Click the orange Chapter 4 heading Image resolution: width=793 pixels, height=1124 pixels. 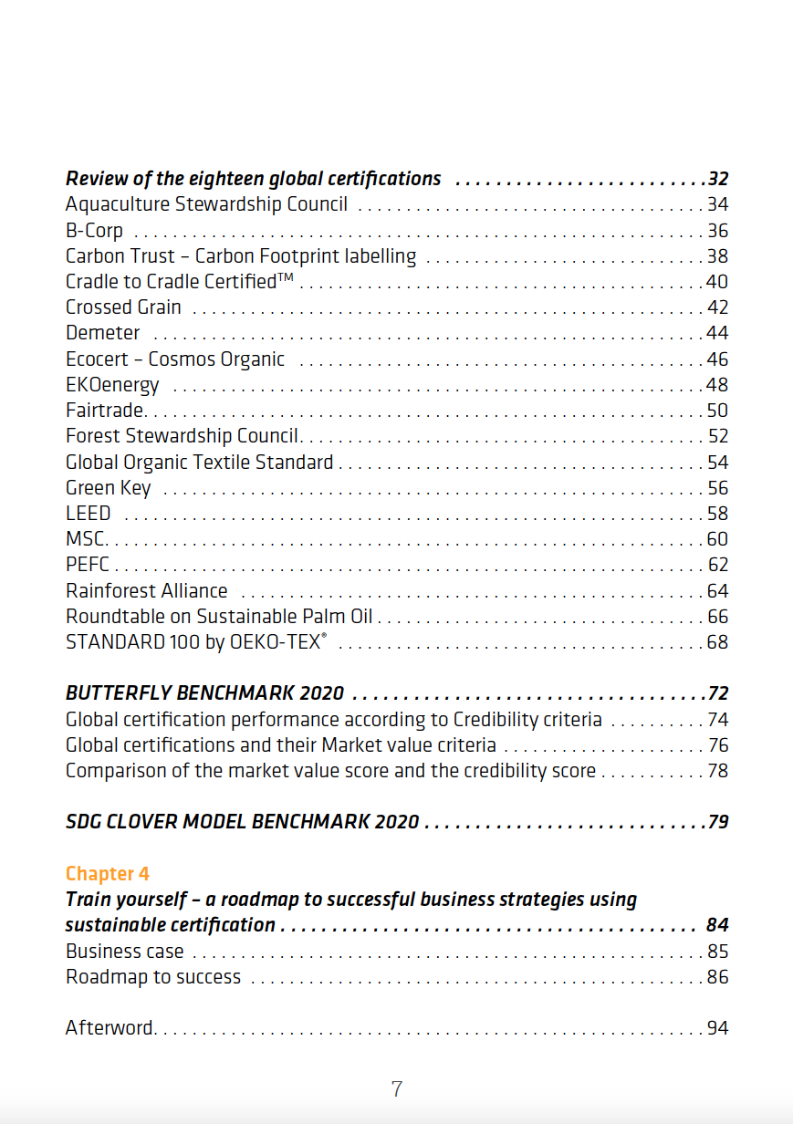tap(108, 874)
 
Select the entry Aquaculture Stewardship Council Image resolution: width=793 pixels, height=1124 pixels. tap(206, 204)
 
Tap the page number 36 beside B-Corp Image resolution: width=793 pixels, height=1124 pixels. tap(717, 231)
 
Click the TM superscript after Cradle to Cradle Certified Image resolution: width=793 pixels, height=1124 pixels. tap(285, 277)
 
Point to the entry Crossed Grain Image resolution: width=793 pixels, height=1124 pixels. tap(123, 307)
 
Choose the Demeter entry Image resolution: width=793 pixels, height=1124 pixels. tap(103, 333)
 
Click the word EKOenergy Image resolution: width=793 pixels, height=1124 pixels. tap(112, 385)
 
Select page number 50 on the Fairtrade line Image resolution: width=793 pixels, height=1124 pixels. tap(717, 411)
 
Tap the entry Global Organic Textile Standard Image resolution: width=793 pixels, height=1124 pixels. tap(199, 463)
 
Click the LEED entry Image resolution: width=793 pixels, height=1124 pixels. tap(88, 514)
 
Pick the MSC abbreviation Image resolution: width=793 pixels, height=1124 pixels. tap(85, 539)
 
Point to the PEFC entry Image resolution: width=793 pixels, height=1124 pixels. tap(88, 565)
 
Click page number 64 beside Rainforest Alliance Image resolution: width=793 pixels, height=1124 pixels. tap(717, 591)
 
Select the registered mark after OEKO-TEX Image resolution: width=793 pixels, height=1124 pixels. tap(324, 636)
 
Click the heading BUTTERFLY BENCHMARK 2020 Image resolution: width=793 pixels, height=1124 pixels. tap(204, 693)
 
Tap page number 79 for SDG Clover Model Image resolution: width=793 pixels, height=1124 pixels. tap(718, 822)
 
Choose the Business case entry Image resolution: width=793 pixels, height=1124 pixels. tap(124, 952)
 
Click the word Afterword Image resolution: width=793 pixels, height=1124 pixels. tap(110, 1027)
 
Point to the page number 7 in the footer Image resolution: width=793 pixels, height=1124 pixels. tap(396, 1089)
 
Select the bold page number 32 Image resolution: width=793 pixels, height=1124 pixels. tap(718, 179)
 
